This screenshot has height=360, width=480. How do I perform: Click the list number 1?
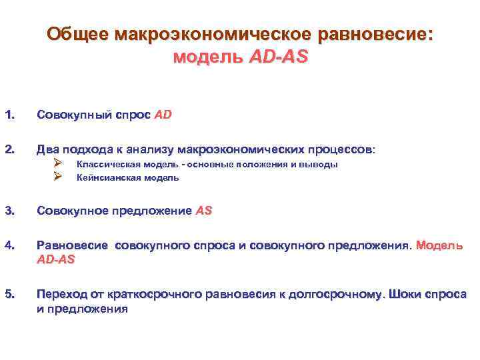pyautogui.click(x=9, y=115)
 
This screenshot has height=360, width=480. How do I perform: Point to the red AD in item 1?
pyautogui.click(x=163, y=115)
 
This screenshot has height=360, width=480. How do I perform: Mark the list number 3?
pyautogui.click(x=9, y=211)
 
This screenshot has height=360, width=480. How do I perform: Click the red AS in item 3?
pyautogui.click(x=204, y=211)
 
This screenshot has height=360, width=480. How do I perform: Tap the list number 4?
pyautogui.click(x=9, y=246)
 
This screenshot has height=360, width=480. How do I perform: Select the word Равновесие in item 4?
pyautogui.click(x=73, y=246)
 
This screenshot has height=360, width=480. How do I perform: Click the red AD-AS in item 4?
pyautogui.click(x=56, y=259)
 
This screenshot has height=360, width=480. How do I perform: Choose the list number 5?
pyautogui.click(x=9, y=295)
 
